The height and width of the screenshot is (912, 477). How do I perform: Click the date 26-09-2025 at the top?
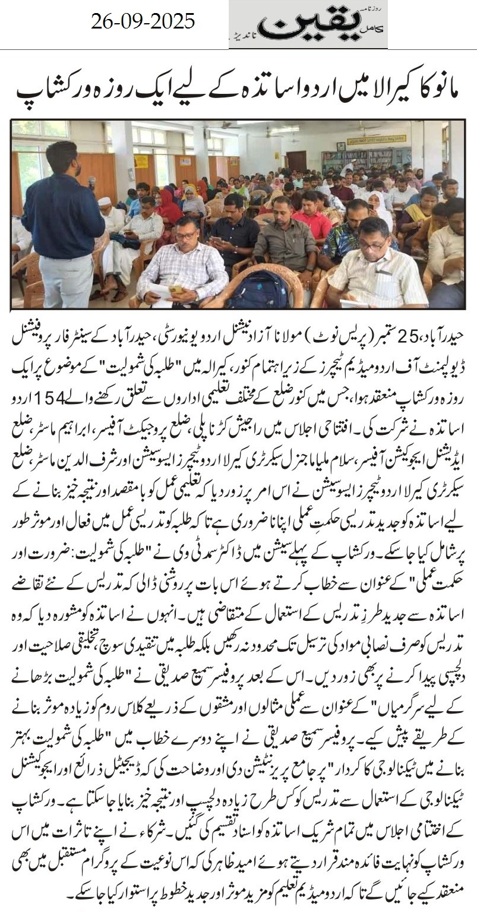pyautogui.click(x=143, y=23)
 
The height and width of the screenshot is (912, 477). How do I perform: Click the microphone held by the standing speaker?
pyautogui.click(x=92, y=182)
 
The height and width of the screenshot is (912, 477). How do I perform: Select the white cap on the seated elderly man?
pyautogui.click(x=105, y=201)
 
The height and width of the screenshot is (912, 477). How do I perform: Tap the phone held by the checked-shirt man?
pyautogui.click(x=176, y=289)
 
